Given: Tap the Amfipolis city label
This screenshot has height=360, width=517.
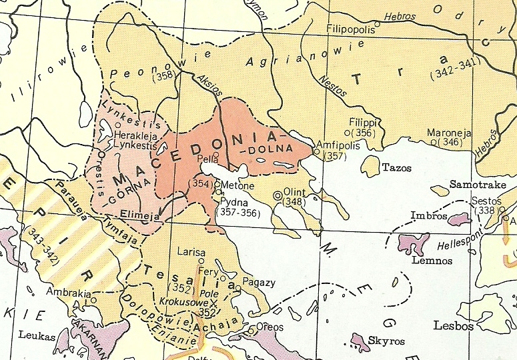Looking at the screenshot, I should coord(340,145).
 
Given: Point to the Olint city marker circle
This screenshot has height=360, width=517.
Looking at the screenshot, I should coord(278,195).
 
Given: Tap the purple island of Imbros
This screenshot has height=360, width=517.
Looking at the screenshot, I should coord(460,219).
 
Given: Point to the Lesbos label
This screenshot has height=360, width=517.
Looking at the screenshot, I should coord(453,326).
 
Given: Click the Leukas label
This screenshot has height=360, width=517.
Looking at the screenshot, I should coord(37,336).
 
